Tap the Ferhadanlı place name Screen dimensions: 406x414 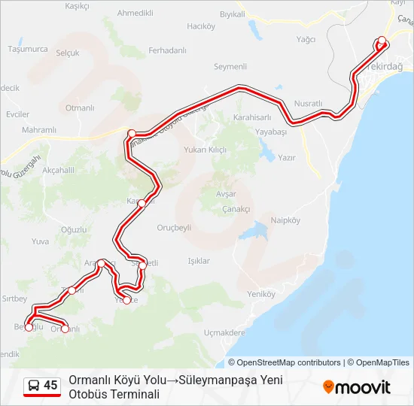[x=167, y=50]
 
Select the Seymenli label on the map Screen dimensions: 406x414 [x=230, y=67]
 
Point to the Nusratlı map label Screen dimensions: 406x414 [x=308, y=103]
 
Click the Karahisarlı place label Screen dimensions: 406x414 [x=252, y=117]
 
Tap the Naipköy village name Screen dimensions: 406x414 [x=285, y=220]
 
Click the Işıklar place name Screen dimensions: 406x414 [x=198, y=261]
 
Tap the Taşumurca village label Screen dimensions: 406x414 [x=28, y=50]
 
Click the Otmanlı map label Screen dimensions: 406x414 [x=79, y=108]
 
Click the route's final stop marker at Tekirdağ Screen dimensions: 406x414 [x=382, y=41]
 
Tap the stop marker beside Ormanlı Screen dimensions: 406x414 [x=65, y=329]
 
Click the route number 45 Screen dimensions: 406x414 [x=50, y=386]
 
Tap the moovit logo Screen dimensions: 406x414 [x=357, y=387]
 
